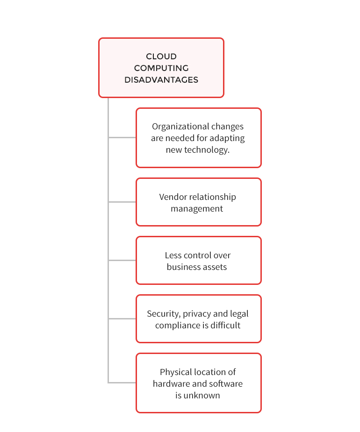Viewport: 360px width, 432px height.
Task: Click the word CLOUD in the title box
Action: [161, 57]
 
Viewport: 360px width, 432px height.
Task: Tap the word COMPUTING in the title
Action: [161, 68]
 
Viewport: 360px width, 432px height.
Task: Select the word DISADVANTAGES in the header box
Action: [161, 80]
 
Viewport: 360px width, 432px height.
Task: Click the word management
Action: [197, 209]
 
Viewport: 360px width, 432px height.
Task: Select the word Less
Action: [173, 255]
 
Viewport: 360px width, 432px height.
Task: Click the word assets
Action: [214, 267]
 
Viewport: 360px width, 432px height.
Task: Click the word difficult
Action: [225, 326]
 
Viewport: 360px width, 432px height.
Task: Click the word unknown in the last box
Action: [202, 396]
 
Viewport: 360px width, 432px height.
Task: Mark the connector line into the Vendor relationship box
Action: [122, 202]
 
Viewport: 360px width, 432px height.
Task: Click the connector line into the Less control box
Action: [122, 260]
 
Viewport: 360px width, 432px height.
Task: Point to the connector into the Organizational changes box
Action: [122, 137]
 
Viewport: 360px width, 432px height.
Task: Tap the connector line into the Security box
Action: [122, 319]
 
